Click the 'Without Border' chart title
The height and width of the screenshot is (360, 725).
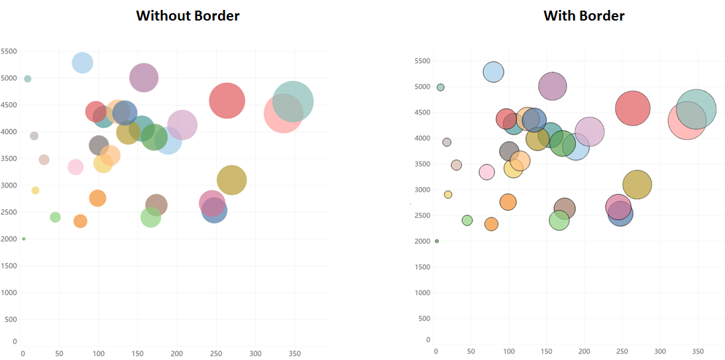tap(188, 16)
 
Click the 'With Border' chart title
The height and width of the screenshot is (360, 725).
tap(584, 16)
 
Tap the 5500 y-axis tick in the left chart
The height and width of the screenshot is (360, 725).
tap(9, 51)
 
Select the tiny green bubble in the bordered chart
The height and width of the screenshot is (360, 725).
tap(437, 241)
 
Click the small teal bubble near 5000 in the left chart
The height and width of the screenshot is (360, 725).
tap(27, 79)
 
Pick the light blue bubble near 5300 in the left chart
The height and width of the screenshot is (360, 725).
tap(82, 62)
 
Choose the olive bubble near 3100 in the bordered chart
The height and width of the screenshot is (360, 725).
tap(638, 184)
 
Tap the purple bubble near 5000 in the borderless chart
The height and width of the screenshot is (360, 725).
tap(144, 78)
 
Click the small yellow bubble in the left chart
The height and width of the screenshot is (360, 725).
tap(35, 190)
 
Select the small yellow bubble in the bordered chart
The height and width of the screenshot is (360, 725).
tap(448, 195)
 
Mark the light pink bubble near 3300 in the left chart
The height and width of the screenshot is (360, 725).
tap(76, 167)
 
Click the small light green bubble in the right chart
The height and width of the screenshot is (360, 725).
tap(467, 220)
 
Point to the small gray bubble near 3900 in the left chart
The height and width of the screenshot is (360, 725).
tap(34, 136)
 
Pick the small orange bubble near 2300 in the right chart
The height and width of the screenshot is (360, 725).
tap(491, 224)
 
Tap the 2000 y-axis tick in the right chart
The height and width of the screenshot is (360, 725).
tap(422, 241)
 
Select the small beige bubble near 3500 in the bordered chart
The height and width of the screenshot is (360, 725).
tap(456, 165)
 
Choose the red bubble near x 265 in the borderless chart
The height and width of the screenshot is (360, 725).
tap(227, 101)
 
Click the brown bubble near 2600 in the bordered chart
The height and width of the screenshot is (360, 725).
tap(564, 209)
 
